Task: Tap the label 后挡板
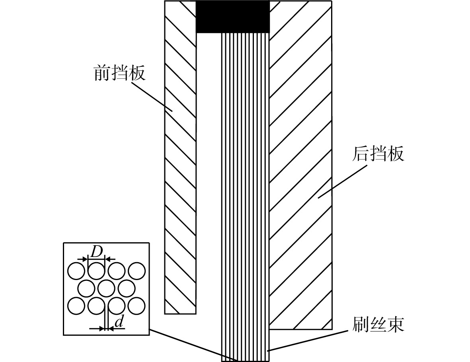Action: (378, 154)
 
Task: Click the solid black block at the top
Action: (233, 16)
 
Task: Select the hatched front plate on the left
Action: (180, 157)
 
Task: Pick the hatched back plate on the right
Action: (300, 165)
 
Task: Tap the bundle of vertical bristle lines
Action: (246, 196)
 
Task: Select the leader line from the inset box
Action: (194, 345)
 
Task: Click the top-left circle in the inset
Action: (76, 271)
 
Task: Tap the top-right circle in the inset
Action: (137, 271)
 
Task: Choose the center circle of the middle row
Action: (106, 288)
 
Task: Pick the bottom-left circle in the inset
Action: (76, 306)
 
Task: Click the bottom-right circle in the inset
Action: (137, 306)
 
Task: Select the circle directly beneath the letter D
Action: (96, 271)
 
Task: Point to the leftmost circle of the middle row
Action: (86, 288)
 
